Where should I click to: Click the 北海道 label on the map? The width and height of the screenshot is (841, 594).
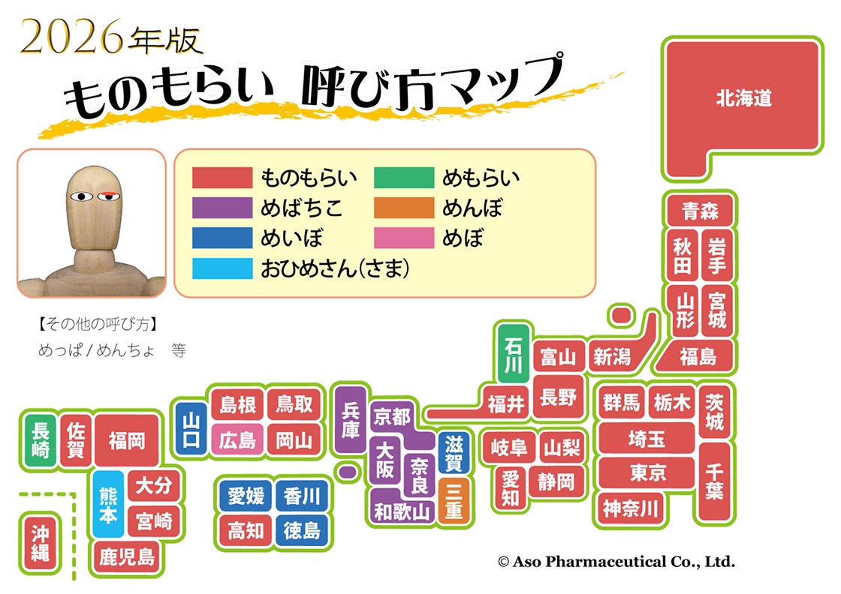pyautogui.click(x=743, y=98)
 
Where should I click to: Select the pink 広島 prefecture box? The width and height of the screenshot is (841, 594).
pyautogui.click(x=237, y=440)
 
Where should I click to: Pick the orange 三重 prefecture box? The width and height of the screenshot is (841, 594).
pyautogui.click(x=454, y=501)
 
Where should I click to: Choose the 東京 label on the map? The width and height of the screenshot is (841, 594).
pyautogui.click(x=648, y=473)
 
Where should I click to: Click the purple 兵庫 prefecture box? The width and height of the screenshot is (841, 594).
pyautogui.click(x=350, y=420)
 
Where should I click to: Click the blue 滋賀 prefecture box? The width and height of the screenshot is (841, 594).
pyautogui.click(x=454, y=453)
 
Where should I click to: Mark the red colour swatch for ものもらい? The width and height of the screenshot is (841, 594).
pyautogui.click(x=222, y=178)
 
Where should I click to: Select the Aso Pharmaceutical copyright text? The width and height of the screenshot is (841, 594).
pyautogui.click(x=616, y=561)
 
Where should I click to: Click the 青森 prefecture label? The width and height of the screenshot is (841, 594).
pyautogui.click(x=700, y=211)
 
